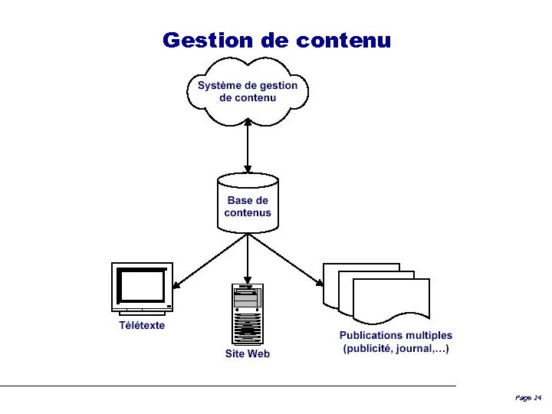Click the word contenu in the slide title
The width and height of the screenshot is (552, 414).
(343, 40)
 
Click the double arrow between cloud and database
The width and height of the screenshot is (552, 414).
(248, 146)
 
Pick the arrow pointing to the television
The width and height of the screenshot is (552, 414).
(211, 261)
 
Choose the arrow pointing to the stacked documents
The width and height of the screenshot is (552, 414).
(285, 261)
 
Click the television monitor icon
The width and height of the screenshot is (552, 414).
(142, 287)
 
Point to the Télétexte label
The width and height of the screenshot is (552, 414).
(142, 325)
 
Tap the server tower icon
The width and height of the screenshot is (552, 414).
(248, 314)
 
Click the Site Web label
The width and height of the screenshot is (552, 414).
(248, 353)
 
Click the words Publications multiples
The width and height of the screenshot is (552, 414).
(396, 335)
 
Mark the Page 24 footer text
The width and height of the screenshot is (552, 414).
(528, 398)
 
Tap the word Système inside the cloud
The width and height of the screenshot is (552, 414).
(220, 85)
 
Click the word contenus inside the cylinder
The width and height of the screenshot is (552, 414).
(248, 212)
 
